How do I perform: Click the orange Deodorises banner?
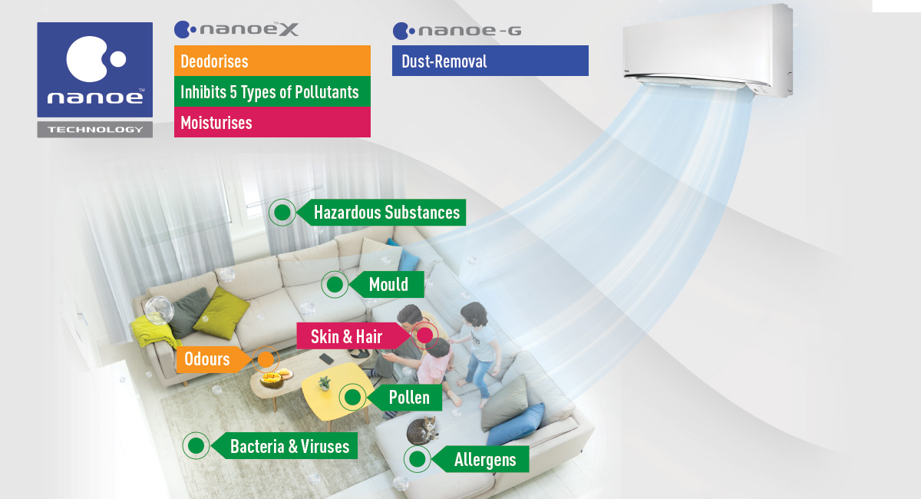click(x=272, y=61)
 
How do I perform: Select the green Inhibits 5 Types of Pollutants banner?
click(x=272, y=92)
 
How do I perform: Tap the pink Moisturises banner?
click(x=272, y=123)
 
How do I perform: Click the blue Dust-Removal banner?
click(x=490, y=61)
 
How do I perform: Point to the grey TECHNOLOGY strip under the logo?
click(x=95, y=129)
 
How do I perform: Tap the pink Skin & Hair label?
click(x=346, y=336)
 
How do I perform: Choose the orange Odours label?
click(x=206, y=359)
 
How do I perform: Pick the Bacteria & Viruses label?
click(x=289, y=445)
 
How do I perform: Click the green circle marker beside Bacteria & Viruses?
click(x=196, y=445)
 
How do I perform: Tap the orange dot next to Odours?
click(x=266, y=359)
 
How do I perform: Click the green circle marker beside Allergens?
click(x=417, y=460)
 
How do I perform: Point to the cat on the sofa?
click(x=423, y=431)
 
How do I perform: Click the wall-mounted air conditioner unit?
click(x=707, y=50)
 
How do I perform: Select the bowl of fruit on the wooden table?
click(x=275, y=378)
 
